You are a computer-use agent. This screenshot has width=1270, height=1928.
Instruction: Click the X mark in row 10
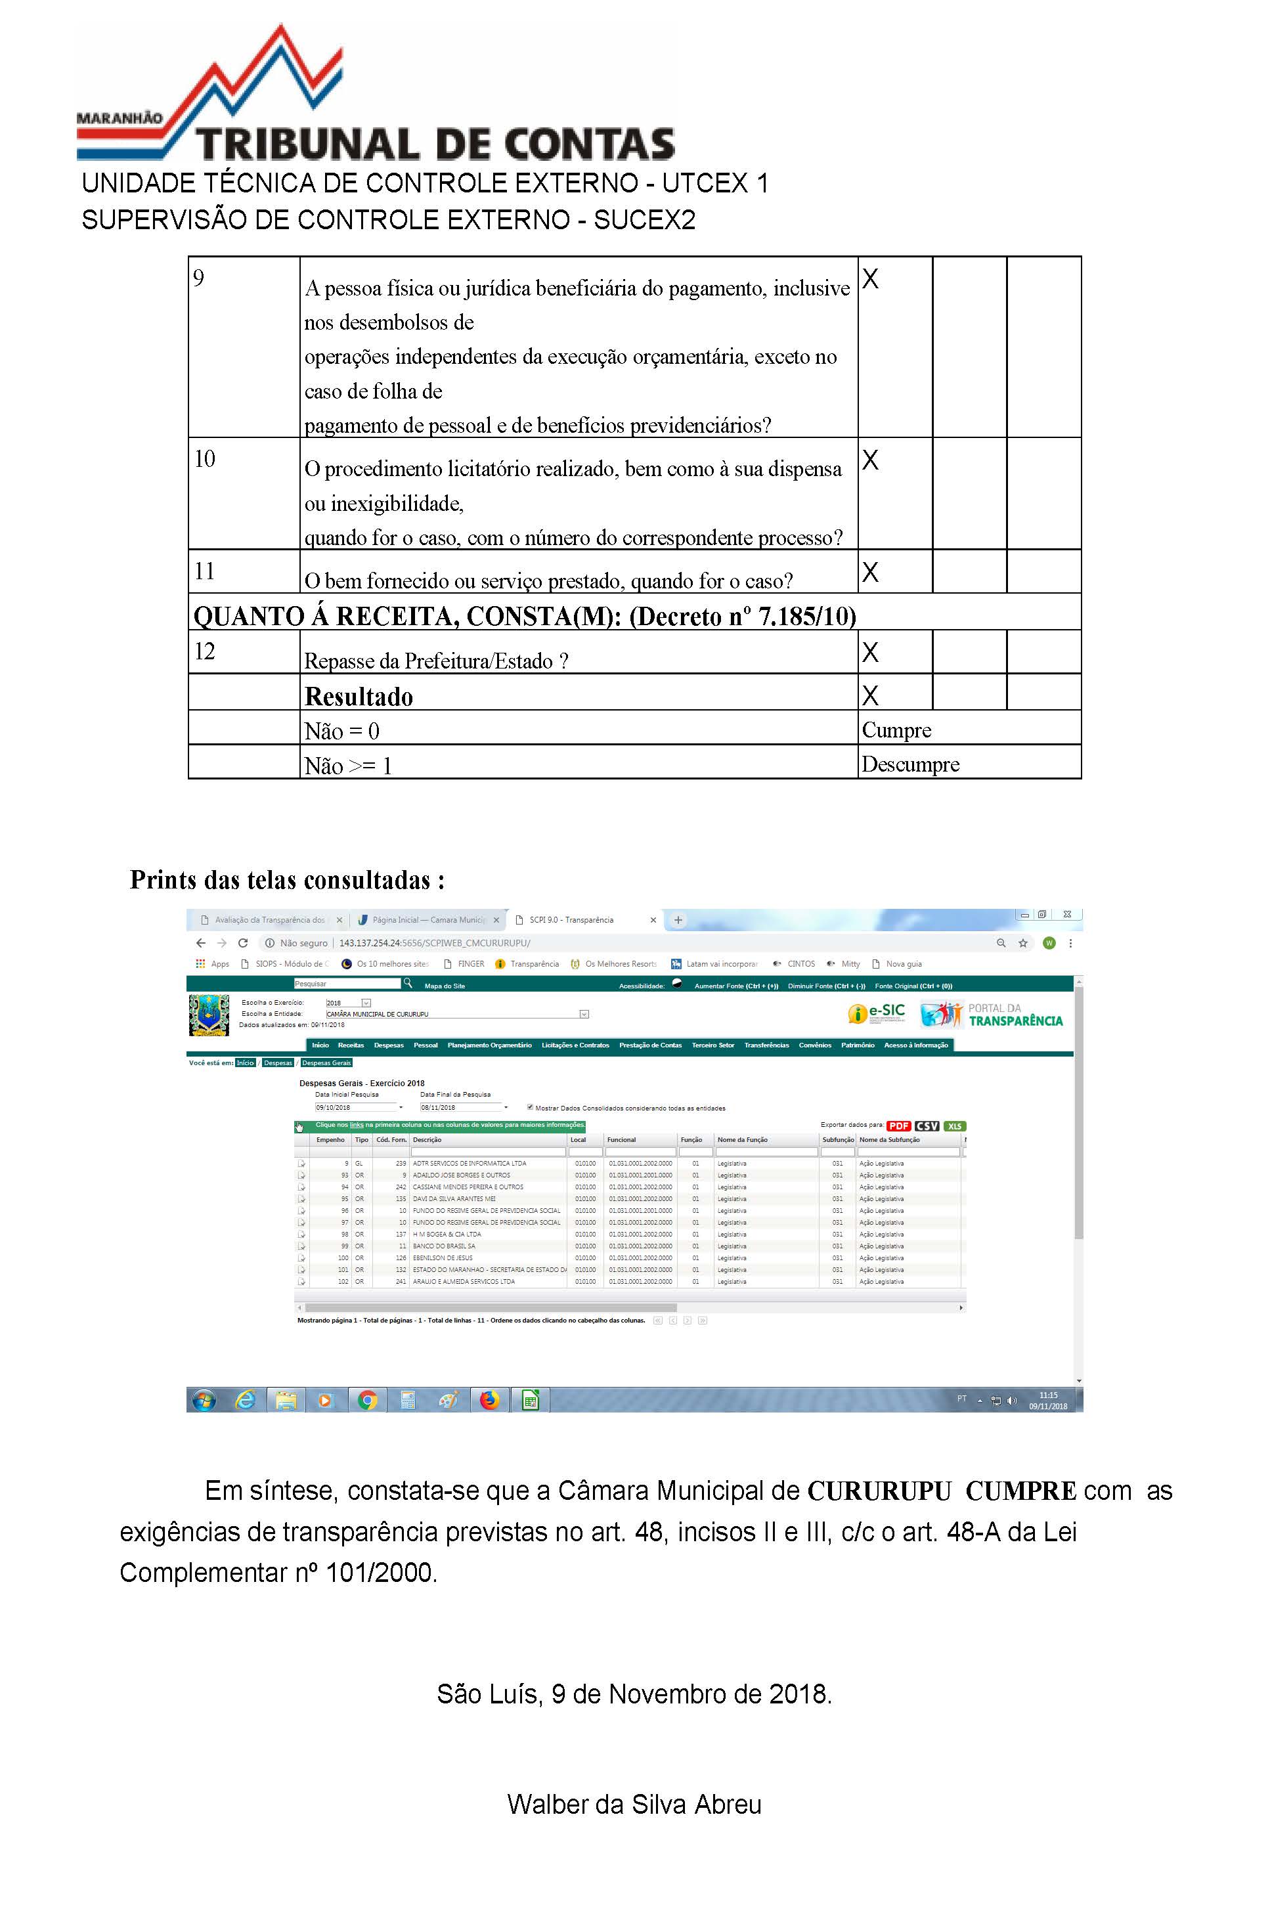[870, 460]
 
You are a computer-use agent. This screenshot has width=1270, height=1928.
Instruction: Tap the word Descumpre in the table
[909, 764]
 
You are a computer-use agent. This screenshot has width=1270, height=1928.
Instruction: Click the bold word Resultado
[359, 697]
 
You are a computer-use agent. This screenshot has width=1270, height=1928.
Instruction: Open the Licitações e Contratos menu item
[575, 1045]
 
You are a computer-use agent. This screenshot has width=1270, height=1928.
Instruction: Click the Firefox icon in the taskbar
[489, 1400]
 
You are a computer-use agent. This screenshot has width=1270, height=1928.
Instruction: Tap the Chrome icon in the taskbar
[368, 1400]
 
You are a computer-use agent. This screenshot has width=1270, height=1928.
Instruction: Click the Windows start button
[204, 1400]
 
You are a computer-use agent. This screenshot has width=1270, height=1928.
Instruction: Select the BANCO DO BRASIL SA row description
[444, 1246]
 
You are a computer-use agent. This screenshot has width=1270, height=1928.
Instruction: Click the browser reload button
[243, 943]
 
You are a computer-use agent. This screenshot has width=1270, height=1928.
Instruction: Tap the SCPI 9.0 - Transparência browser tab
[571, 920]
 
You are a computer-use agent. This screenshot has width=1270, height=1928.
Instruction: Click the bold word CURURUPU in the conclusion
[879, 1491]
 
